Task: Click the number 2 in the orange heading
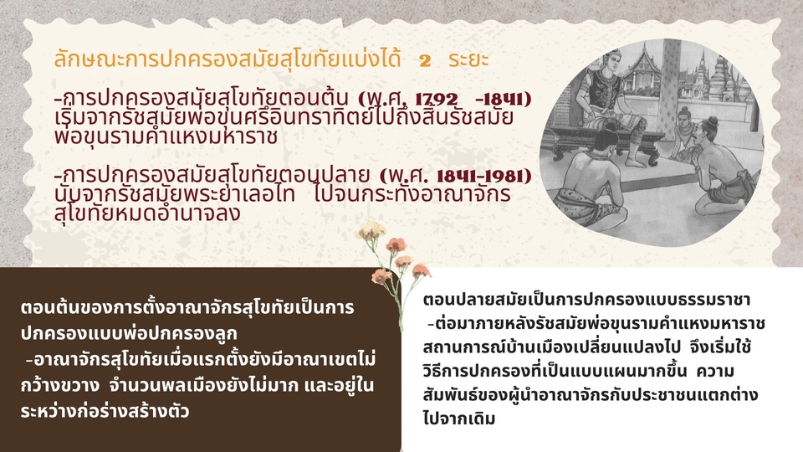pos(425,60)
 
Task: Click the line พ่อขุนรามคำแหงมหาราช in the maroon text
pos(166,136)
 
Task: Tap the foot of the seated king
pos(635,162)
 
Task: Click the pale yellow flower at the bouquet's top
pos(371,231)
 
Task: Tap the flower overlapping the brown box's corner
pos(381,276)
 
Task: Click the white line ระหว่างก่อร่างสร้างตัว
pos(105,411)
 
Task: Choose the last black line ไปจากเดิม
pos(459,419)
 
